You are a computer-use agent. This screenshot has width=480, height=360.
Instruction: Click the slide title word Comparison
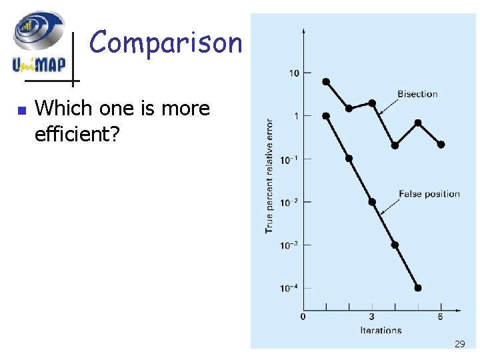pyautogui.click(x=166, y=43)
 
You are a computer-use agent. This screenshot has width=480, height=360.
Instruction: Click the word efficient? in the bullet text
pyautogui.click(x=75, y=133)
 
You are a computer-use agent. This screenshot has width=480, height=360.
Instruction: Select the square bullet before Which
pyautogui.click(x=21, y=110)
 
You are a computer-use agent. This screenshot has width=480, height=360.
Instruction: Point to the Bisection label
pyautogui.click(x=417, y=94)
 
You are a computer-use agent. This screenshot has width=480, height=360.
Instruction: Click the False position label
pyautogui.click(x=429, y=194)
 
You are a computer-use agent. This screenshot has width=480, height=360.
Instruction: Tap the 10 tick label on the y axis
pyautogui.click(x=294, y=73)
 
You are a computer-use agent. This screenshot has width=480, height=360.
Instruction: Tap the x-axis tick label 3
pyautogui.click(x=372, y=316)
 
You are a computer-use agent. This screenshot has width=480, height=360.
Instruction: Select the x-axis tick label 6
pyautogui.click(x=441, y=316)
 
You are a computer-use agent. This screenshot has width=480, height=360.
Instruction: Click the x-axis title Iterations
pyautogui.click(x=381, y=330)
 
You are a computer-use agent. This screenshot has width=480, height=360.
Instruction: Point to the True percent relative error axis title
pyautogui.click(x=269, y=176)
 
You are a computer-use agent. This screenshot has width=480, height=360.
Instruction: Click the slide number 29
pyautogui.click(x=459, y=344)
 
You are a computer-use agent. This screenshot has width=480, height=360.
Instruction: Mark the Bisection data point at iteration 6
pyautogui.click(x=441, y=144)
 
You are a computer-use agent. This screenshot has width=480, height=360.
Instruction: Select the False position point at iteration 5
pyautogui.click(x=418, y=288)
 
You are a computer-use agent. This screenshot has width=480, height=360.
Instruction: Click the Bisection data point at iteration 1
pyautogui.click(x=326, y=81)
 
